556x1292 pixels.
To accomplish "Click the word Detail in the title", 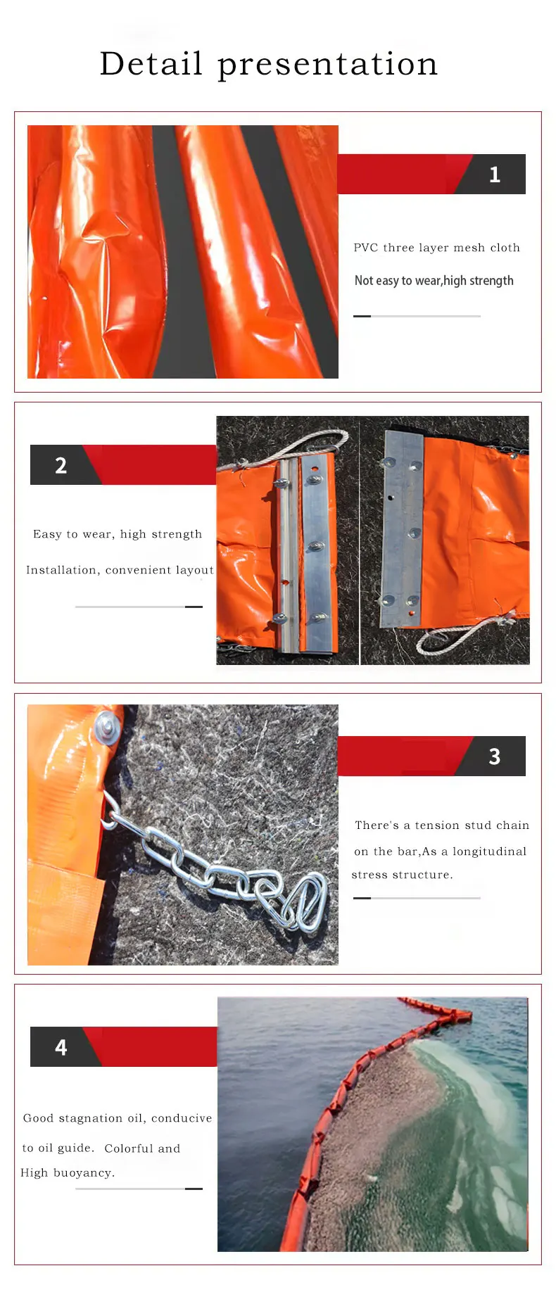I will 151,64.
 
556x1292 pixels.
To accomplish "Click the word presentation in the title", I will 327,65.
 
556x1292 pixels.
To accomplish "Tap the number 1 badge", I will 495,175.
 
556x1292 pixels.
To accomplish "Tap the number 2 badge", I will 61,465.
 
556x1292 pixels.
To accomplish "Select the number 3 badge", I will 495,756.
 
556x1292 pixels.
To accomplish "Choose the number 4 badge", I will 61,1047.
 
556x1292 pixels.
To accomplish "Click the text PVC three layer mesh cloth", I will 436,248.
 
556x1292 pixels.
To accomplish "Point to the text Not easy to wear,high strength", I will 434,281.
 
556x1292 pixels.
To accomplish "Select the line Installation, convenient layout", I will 120,570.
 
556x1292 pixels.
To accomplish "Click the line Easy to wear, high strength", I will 118,534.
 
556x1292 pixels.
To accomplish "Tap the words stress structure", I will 402,875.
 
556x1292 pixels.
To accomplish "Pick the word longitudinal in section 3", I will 489,851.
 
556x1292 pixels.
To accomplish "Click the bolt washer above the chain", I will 108,728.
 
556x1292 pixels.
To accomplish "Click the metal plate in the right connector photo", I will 401,528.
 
